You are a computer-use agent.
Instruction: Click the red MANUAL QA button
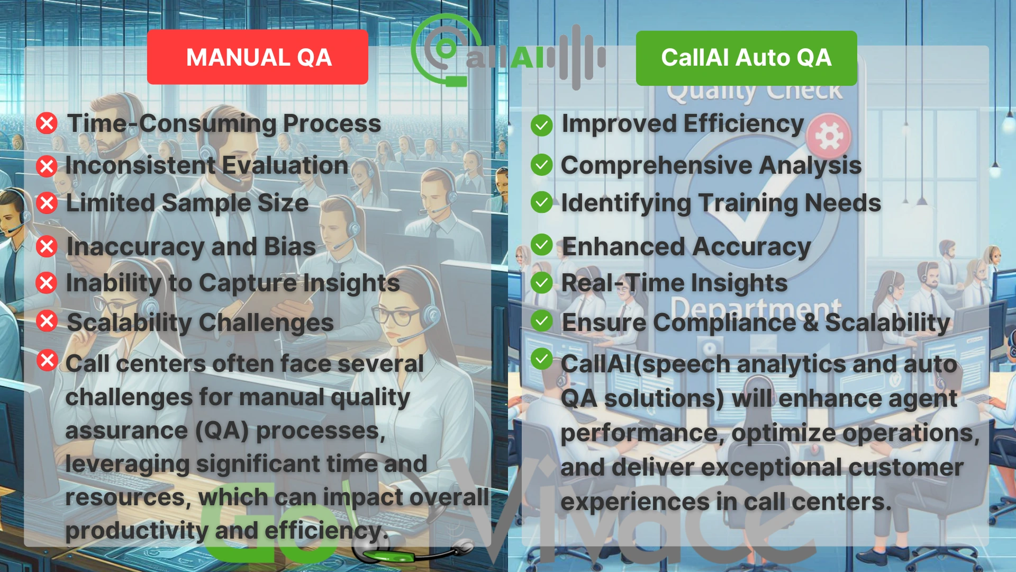pos(258,57)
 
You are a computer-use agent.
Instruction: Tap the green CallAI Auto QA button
pos(746,58)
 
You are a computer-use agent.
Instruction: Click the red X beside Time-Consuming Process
pos(47,123)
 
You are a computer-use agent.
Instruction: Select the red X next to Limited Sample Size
pos(47,203)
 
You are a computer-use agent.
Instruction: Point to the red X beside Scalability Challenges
pos(47,321)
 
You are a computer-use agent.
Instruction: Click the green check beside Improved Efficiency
pos(541,126)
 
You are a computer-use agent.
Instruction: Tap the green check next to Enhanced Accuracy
pos(541,245)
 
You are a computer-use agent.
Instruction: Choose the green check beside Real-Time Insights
pos(541,283)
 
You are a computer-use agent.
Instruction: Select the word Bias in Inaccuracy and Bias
pos(289,247)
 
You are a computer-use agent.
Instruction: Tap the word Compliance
pos(724,323)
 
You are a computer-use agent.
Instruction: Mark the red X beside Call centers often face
pos(47,361)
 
